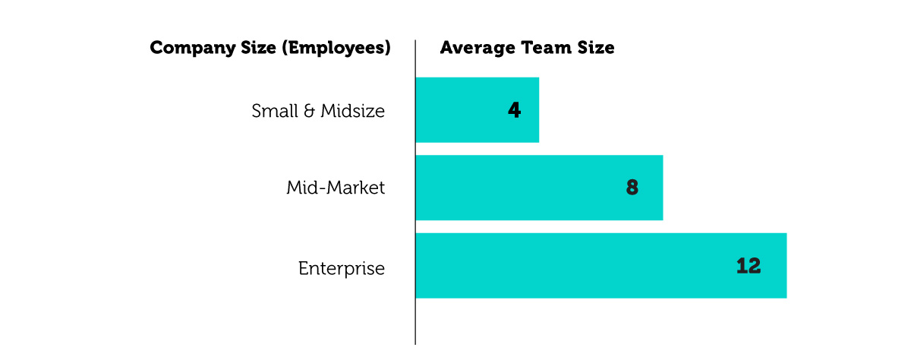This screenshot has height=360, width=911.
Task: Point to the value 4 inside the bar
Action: click(x=514, y=110)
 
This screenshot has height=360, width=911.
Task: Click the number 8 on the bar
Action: click(x=632, y=188)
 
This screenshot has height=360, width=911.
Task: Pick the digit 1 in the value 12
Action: click(x=742, y=266)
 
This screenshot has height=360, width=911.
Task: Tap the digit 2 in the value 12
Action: click(x=754, y=266)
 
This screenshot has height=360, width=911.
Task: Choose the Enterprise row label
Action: click(x=341, y=268)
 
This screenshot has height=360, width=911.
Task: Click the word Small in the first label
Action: click(x=273, y=111)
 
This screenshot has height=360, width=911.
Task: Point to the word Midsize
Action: click(x=352, y=111)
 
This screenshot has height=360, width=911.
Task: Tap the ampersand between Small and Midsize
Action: click(x=307, y=111)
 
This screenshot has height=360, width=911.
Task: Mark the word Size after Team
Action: click(x=596, y=48)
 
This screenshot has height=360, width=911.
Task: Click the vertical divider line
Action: click(x=415, y=319)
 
